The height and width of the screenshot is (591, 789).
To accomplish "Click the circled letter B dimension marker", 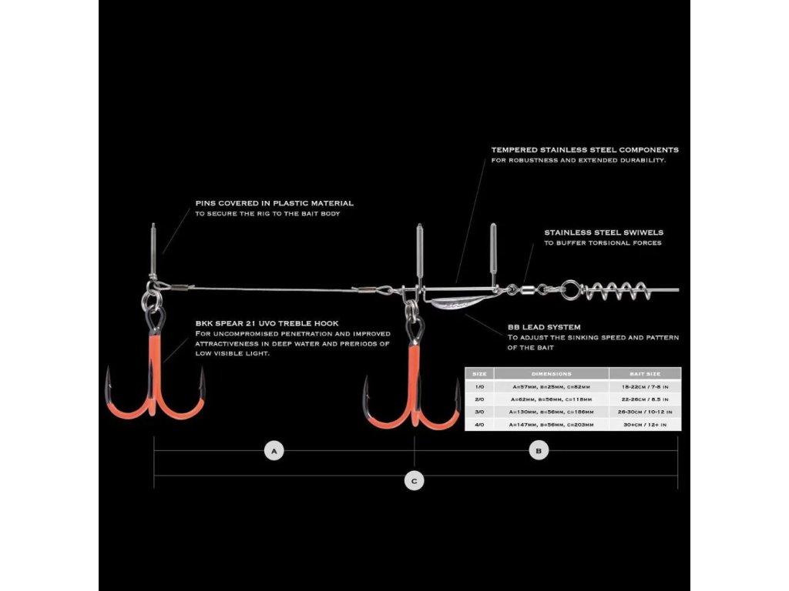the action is click(539, 451).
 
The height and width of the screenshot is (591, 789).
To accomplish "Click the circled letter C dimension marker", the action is click(415, 481).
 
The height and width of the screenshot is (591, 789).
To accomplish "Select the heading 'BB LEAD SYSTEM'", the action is click(544, 326).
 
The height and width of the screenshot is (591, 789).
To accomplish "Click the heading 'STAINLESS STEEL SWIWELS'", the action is click(603, 232).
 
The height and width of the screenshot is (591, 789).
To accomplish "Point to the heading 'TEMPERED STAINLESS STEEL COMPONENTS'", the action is click(585, 149).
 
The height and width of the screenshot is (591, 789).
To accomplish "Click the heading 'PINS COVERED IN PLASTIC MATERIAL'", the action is click(274, 203).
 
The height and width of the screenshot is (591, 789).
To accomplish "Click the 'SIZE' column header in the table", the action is click(478, 373).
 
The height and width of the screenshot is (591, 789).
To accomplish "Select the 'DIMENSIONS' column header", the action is click(551, 373).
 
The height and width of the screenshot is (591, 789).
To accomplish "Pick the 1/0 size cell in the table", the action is click(478, 387).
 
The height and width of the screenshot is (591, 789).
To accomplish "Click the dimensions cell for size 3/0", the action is click(551, 412).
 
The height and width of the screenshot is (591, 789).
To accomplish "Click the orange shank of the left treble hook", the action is click(156, 368).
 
